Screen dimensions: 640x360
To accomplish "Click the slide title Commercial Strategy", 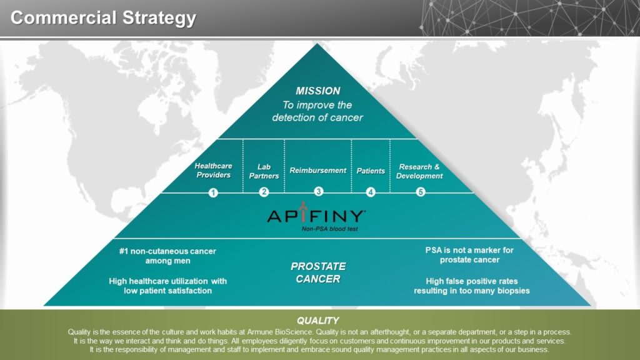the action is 103,17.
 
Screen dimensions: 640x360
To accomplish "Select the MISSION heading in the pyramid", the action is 318,91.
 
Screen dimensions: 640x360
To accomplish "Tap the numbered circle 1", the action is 213,192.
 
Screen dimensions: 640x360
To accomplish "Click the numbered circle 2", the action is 264,192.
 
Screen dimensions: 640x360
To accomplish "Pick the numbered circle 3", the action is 319,191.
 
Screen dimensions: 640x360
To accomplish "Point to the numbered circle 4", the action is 371,192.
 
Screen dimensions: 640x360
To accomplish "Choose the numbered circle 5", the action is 421,192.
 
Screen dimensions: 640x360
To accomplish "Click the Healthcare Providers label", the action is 214,170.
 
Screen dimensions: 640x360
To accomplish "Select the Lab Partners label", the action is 264,171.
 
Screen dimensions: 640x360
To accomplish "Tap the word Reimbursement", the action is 318,170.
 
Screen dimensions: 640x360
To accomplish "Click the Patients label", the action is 371,171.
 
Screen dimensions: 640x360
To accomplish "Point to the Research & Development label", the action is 419,171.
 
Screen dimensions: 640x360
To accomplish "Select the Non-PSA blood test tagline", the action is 330,229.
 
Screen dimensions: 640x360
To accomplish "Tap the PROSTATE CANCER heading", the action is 318,272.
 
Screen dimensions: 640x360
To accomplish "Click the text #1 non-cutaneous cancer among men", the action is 167,256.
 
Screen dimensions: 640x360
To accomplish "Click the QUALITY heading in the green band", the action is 318,321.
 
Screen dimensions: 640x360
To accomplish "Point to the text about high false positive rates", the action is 472,286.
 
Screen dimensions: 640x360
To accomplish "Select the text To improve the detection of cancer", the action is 317,111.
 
